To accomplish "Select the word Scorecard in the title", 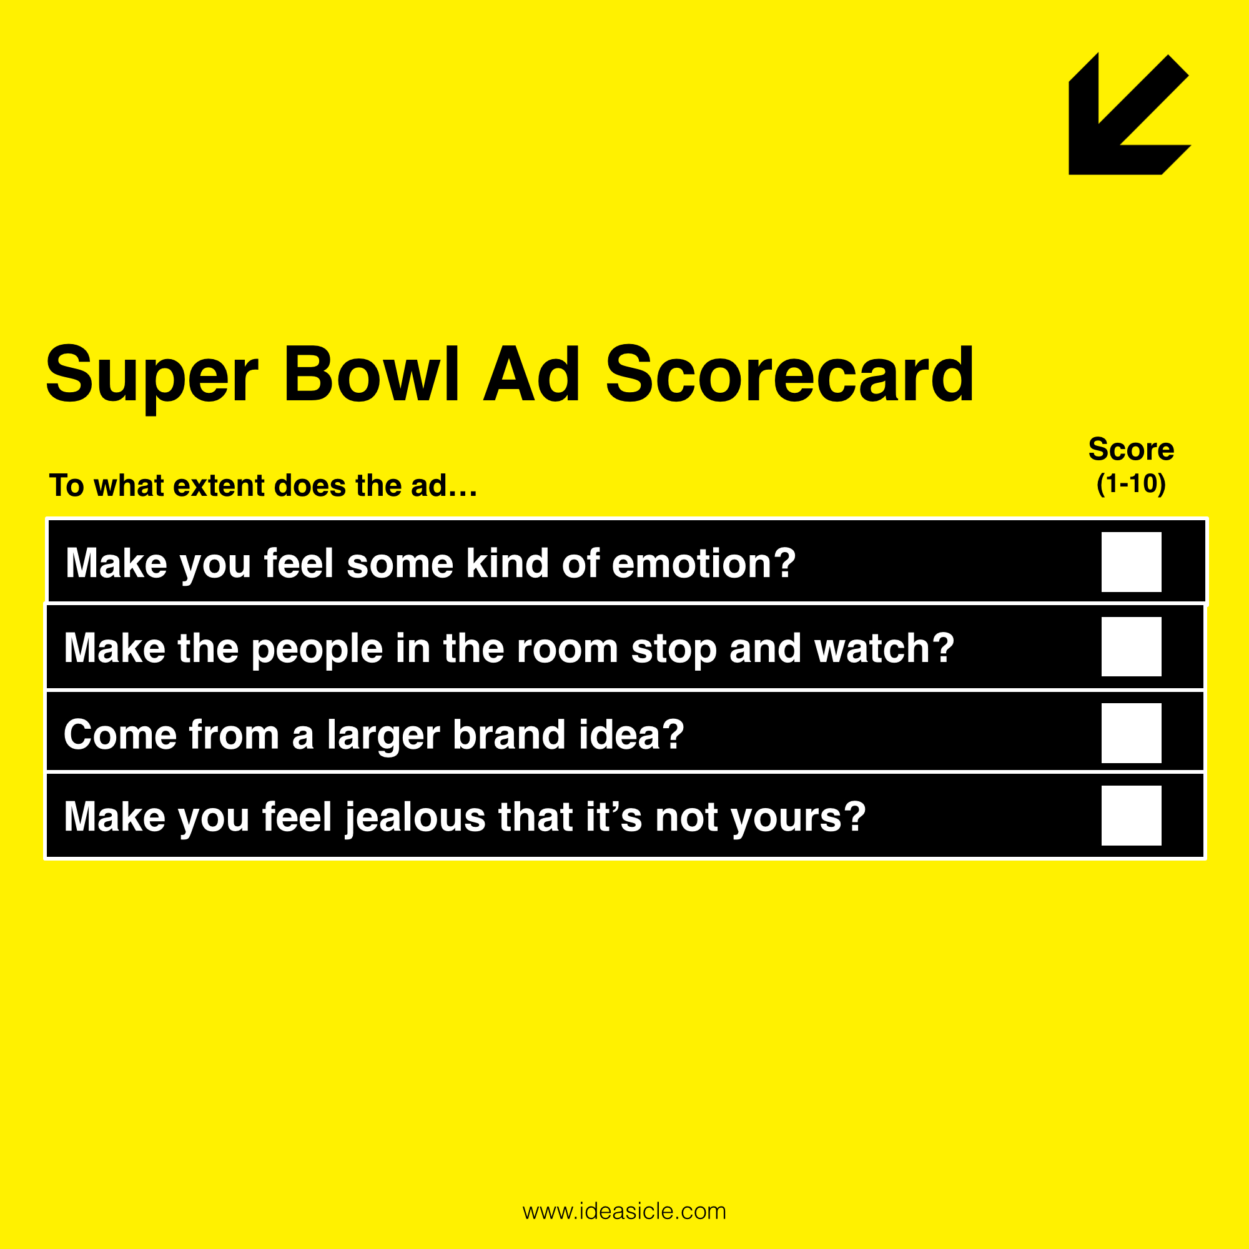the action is click(789, 374).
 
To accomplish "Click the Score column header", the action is click(1132, 449).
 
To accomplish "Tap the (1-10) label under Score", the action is click(1132, 483).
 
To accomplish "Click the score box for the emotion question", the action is click(1132, 562).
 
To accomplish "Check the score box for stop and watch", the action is click(1132, 646).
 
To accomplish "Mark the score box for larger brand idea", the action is click(1132, 733).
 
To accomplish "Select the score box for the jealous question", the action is click(1132, 815).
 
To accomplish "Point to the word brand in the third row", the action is click(509, 735).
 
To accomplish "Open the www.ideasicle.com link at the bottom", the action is click(624, 1211).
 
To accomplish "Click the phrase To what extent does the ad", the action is click(263, 485).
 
